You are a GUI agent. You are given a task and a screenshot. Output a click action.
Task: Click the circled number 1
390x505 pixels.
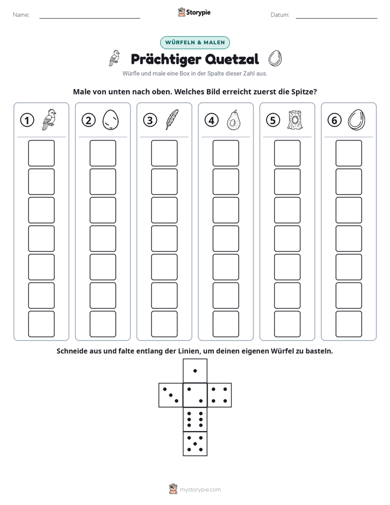click(27, 120)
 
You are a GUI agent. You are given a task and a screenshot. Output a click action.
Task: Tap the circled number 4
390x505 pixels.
click(211, 120)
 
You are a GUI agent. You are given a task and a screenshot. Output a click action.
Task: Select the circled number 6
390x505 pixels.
click(334, 120)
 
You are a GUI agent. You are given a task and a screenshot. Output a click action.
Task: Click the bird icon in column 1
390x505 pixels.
click(49, 120)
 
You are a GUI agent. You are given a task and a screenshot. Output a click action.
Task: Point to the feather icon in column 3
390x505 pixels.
click(172, 120)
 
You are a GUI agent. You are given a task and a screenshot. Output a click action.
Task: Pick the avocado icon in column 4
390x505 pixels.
click(233, 120)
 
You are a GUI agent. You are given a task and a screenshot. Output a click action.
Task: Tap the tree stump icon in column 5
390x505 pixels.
click(294, 120)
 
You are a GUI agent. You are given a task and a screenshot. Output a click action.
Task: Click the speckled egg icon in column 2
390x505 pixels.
click(110, 120)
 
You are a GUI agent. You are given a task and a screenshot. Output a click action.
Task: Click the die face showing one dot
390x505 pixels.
click(195, 371)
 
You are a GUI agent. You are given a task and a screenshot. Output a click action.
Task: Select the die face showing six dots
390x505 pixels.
click(195, 419)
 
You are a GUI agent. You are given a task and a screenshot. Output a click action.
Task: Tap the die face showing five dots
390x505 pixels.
click(195, 444)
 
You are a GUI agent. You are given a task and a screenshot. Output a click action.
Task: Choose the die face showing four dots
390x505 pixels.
click(220, 395)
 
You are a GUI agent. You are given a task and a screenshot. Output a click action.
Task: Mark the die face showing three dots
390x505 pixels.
click(171, 395)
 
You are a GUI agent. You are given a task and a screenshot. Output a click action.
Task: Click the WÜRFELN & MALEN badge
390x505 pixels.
click(195, 43)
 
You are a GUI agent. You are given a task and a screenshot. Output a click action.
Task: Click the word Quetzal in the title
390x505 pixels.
click(232, 59)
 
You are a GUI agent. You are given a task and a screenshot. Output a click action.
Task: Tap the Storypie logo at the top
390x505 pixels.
click(194, 13)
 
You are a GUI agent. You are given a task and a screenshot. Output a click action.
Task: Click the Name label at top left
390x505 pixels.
click(21, 15)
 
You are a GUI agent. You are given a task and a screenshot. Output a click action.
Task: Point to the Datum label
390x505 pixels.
click(280, 15)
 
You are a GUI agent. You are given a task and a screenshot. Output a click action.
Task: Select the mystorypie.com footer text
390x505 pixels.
click(200, 490)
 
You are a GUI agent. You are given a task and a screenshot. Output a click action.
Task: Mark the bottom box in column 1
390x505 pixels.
click(41, 324)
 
